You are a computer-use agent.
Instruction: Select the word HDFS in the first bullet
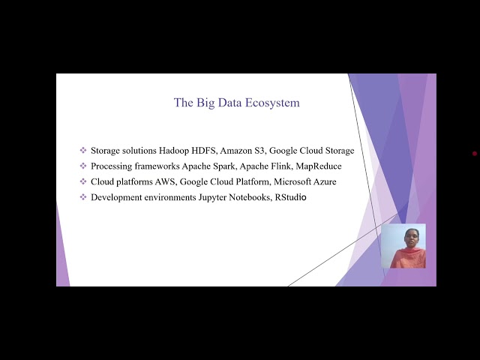click(x=203, y=151)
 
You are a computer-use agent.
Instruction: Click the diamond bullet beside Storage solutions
click(x=83, y=151)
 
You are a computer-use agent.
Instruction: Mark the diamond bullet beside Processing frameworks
click(x=83, y=166)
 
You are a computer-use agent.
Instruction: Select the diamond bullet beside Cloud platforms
click(x=83, y=181)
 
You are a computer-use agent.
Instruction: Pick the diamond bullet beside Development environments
click(x=83, y=197)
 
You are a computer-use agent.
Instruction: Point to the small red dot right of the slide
click(x=475, y=154)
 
